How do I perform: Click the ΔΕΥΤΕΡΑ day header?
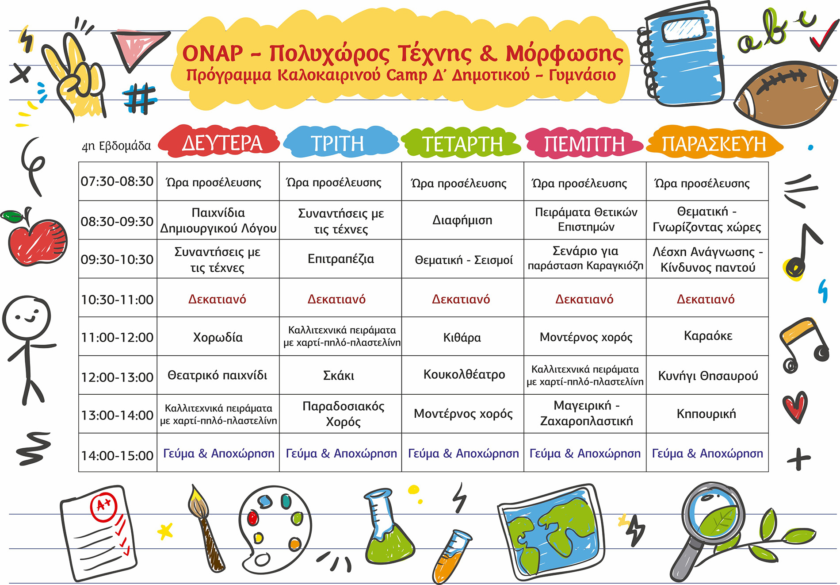[x=221, y=143]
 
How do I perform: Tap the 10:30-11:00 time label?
[x=117, y=300]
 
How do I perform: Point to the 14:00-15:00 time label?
[x=117, y=455]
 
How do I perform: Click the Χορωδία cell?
[x=218, y=337]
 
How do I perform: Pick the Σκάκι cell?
[x=339, y=376]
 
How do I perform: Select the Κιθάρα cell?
[x=462, y=338]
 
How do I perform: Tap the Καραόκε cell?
[x=708, y=336]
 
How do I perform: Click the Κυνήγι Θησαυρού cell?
[x=708, y=376]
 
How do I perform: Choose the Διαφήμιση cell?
[x=462, y=220]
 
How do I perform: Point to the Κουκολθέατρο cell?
[x=464, y=374]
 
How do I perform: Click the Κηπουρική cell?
[x=706, y=414]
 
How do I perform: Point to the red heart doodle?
[x=794, y=406]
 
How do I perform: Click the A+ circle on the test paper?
[x=103, y=505]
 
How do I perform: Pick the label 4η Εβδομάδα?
[x=116, y=146]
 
